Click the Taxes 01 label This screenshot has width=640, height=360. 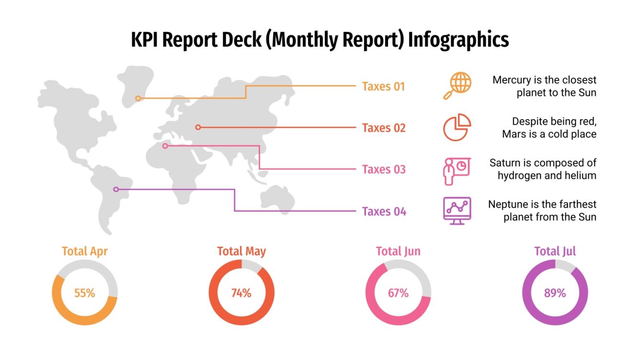click(383, 87)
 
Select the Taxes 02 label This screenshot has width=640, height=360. click(384, 128)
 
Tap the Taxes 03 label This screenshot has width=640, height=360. click(384, 169)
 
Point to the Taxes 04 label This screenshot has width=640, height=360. click(384, 211)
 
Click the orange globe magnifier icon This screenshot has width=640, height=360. click(457, 86)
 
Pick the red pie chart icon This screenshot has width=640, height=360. click(457, 127)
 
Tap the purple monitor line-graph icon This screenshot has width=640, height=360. click(457, 211)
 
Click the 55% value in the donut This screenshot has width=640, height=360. click(85, 293)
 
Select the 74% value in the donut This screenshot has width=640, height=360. click(241, 293)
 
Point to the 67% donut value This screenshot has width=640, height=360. click(398, 293)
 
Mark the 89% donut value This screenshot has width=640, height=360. click(555, 293)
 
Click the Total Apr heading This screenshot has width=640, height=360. click(85, 251)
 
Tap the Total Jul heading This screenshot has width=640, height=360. click(555, 251)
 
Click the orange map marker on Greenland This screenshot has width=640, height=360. click(138, 98)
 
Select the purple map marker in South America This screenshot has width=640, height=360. click(115, 190)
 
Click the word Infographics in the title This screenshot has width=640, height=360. click(458, 40)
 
